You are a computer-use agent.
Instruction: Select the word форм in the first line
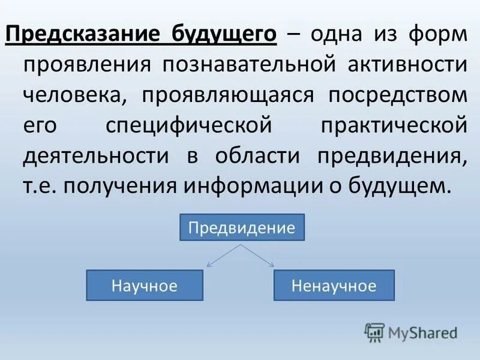click(436, 34)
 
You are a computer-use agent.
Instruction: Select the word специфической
click(187, 126)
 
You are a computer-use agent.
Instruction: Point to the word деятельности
click(96, 157)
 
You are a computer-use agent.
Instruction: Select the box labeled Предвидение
click(242, 227)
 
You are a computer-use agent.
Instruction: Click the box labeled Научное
click(145, 285)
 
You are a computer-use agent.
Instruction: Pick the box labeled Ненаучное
click(334, 285)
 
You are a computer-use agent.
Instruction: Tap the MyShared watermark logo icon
click(374, 332)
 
